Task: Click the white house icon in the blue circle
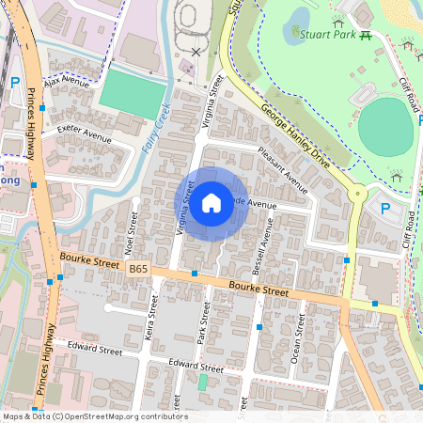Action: [211, 201]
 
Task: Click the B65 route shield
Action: [138, 268]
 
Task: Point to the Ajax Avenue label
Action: [65, 84]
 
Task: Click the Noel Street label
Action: [132, 227]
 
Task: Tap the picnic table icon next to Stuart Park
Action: [365, 35]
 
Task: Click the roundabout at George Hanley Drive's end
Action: [356, 194]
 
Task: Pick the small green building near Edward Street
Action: [202, 382]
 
